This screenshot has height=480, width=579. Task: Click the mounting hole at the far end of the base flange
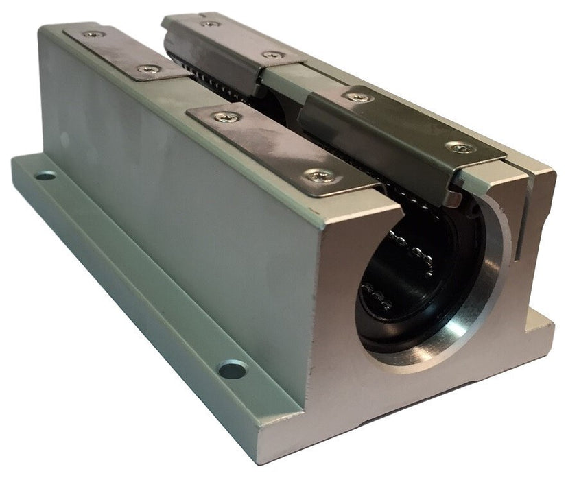click(45, 176)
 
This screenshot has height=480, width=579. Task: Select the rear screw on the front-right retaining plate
click(358, 97)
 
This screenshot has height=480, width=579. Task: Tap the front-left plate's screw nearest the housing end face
click(321, 176)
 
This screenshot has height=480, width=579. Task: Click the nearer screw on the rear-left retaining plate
click(146, 69)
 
